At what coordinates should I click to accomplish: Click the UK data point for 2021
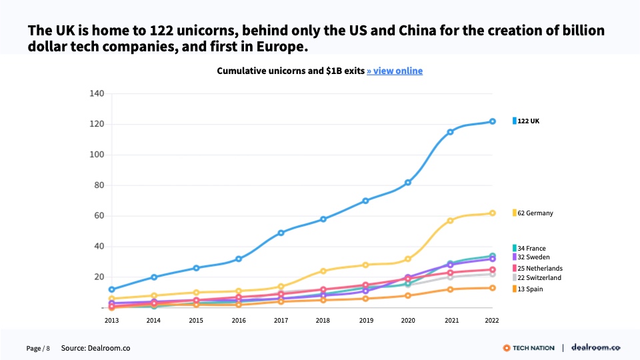click(x=450, y=132)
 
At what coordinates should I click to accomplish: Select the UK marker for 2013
click(x=111, y=289)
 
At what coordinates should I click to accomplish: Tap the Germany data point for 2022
click(x=493, y=213)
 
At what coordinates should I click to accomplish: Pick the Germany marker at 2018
click(x=323, y=271)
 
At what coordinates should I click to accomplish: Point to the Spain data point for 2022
click(x=493, y=288)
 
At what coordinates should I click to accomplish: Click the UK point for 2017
click(x=281, y=233)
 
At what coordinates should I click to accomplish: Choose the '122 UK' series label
click(x=528, y=121)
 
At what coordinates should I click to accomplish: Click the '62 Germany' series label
click(x=535, y=213)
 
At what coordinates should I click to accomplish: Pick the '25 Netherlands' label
click(x=539, y=269)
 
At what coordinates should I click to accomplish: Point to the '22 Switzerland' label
click(x=539, y=277)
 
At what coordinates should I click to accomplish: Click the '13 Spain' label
click(x=530, y=289)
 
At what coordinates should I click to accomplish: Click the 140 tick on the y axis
click(x=97, y=93)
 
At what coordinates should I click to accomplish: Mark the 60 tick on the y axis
click(x=99, y=216)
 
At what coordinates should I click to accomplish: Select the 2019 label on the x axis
click(x=365, y=320)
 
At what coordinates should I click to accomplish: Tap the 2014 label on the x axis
click(x=154, y=320)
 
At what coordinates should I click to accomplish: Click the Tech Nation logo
click(x=529, y=348)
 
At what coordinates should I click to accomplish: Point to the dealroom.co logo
click(x=597, y=348)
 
